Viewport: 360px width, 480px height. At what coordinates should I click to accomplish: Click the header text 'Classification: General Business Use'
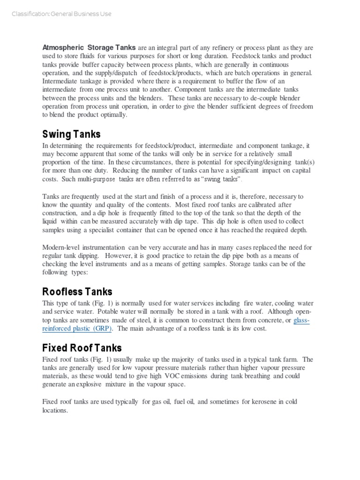point(61,14)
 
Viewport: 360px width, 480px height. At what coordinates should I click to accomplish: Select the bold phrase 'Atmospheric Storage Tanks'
point(89,48)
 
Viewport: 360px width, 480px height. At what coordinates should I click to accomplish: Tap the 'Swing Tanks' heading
point(71,134)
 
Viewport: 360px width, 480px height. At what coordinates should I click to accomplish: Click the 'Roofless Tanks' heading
point(77,292)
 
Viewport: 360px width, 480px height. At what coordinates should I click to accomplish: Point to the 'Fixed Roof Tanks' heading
point(82,348)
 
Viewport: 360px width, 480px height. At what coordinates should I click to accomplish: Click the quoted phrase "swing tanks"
point(221,180)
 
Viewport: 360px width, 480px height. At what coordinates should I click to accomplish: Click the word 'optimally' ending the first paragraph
point(112,115)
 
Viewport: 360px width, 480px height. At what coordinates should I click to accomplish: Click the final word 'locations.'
point(55,410)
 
